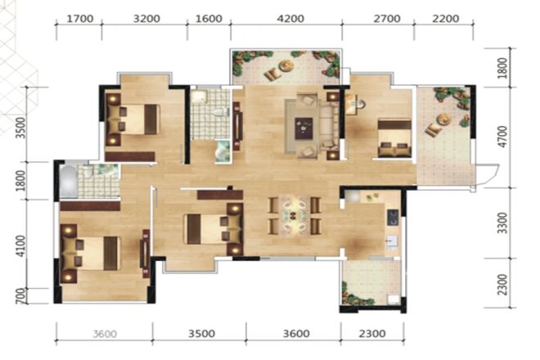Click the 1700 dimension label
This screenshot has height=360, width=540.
pyautogui.click(x=79, y=19)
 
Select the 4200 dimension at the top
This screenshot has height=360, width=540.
pyautogui.click(x=290, y=19)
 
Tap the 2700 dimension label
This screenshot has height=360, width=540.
pyautogui.click(x=387, y=19)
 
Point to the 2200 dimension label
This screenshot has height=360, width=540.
pyautogui.click(x=445, y=19)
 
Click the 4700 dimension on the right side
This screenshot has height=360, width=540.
pyautogui.click(x=503, y=137)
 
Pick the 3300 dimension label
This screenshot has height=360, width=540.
pyautogui.click(x=503, y=223)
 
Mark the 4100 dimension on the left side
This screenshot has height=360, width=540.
pyautogui.click(x=20, y=246)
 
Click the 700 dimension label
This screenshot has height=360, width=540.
pyautogui.click(x=20, y=296)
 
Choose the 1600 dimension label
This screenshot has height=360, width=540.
pyautogui.click(x=209, y=19)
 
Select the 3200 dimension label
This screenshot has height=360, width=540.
pyautogui.click(x=146, y=19)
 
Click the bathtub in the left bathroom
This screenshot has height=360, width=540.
pyautogui.click(x=69, y=182)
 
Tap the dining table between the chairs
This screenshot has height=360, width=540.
pyautogui.click(x=293, y=216)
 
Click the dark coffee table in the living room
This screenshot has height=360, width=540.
pyautogui.click(x=304, y=128)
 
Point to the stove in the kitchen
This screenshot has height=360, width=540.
pyautogui.click(x=393, y=218)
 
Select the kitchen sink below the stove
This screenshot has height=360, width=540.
pyautogui.click(x=392, y=242)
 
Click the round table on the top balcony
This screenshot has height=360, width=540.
pyautogui.click(x=286, y=65)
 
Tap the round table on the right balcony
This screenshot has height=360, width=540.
pyautogui.click(x=443, y=119)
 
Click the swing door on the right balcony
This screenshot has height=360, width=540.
pyautogui.click(x=486, y=176)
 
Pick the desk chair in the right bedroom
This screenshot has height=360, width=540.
pyautogui.click(x=360, y=104)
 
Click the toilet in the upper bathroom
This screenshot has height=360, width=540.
pyautogui.click(x=219, y=112)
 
